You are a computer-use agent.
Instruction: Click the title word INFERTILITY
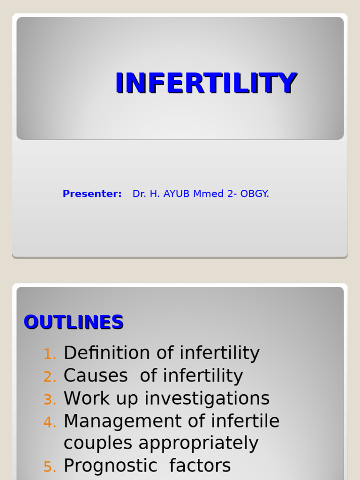pyautogui.click(x=206, y=83)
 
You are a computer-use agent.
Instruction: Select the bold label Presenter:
pyautogui.click(x=92, y=194)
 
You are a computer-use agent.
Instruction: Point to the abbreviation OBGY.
pyautogui.click(x=255, y=194)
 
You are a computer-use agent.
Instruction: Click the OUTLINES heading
pyautogui.click(x=74, y=322)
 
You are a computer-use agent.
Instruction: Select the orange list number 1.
pyautogui.click(x=49, y=354)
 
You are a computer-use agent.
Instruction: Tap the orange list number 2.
pyautogui.click(x=49, y=377)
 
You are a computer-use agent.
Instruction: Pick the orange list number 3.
pyautogui.click(x=49, y=400)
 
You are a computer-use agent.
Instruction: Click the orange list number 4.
pyautogui.click(x=49, y=422)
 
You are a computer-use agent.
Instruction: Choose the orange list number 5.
pyautogui.click(x=49, y=467)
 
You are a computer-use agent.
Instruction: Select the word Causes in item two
pyautogui.click(x=96, y=376)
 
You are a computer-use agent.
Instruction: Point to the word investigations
pyautogui.click(x=207, y=399)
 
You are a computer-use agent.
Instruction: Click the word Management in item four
pyautogui.click(x=122, y=421)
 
